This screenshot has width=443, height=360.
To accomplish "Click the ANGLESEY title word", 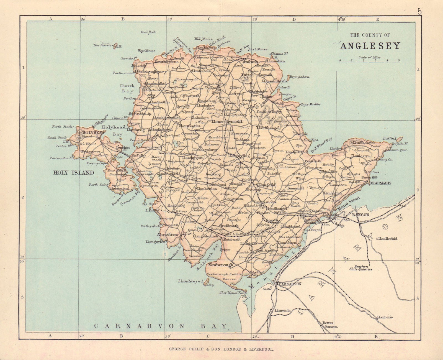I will click(370, 46).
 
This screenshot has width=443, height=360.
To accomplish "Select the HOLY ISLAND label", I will click(74, 173).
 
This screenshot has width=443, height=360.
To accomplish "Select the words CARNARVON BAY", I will click(161, 326).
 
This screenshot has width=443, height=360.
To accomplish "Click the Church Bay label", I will click(127, 88).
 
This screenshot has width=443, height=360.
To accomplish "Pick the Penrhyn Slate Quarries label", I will click(360, 267).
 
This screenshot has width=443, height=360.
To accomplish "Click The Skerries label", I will click(101, 45).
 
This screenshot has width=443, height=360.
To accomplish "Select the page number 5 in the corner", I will click(420, 11).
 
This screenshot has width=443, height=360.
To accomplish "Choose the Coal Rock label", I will click(148, 32).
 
